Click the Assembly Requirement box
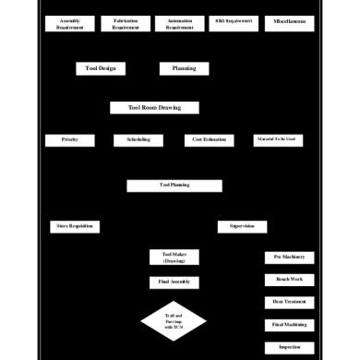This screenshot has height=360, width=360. [69, 24]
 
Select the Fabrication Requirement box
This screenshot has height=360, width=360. [126, 24]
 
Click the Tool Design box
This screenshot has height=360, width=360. [100, 68]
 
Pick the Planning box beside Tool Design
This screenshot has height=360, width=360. [184, 68]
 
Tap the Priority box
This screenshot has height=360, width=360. [70, 140]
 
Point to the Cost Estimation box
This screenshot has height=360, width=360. [208, 140]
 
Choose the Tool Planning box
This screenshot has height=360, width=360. [174, 186]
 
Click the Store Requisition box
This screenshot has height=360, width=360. [75, 226]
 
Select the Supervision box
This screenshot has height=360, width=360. [242, 226]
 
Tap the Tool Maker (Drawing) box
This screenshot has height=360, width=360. [174, 258]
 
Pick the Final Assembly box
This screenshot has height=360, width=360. [174, 282]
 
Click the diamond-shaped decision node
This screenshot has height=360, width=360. [174, 320]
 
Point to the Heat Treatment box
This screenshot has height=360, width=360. [289, 302]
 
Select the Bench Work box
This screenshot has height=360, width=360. [289, 279]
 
